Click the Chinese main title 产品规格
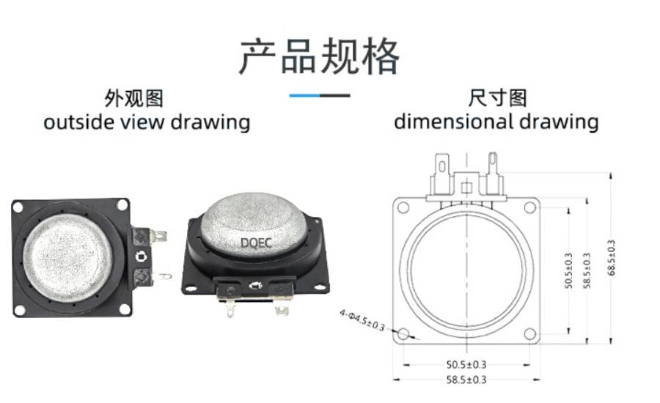(x=319, y=56)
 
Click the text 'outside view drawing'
(x=147, y=122)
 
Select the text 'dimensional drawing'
(x=496, y=122)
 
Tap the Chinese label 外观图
(x=134, y=98)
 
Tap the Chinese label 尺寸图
(x=497, y=98)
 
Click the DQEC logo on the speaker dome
(x=256, y=243)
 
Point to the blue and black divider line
(x=320, y=95)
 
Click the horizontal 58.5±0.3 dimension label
(x=466, y=380)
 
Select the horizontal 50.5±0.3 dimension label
(x=466, y=365)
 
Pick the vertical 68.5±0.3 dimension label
(x=611, y=258)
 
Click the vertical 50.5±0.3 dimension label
(x=568, y=270)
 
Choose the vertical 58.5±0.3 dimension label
(x=587, y=270)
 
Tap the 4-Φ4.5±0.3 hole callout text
(x=362, y=320)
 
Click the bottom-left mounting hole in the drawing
(x=403, y=334)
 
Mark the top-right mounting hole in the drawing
(x=530, y=207)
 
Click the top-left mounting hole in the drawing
(x=403, y=207)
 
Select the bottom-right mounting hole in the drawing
(x=530, y=334)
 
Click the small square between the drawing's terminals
(x=466, y=188)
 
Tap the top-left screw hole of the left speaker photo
(x=18, y=207)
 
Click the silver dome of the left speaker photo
(x=67, y=258)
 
